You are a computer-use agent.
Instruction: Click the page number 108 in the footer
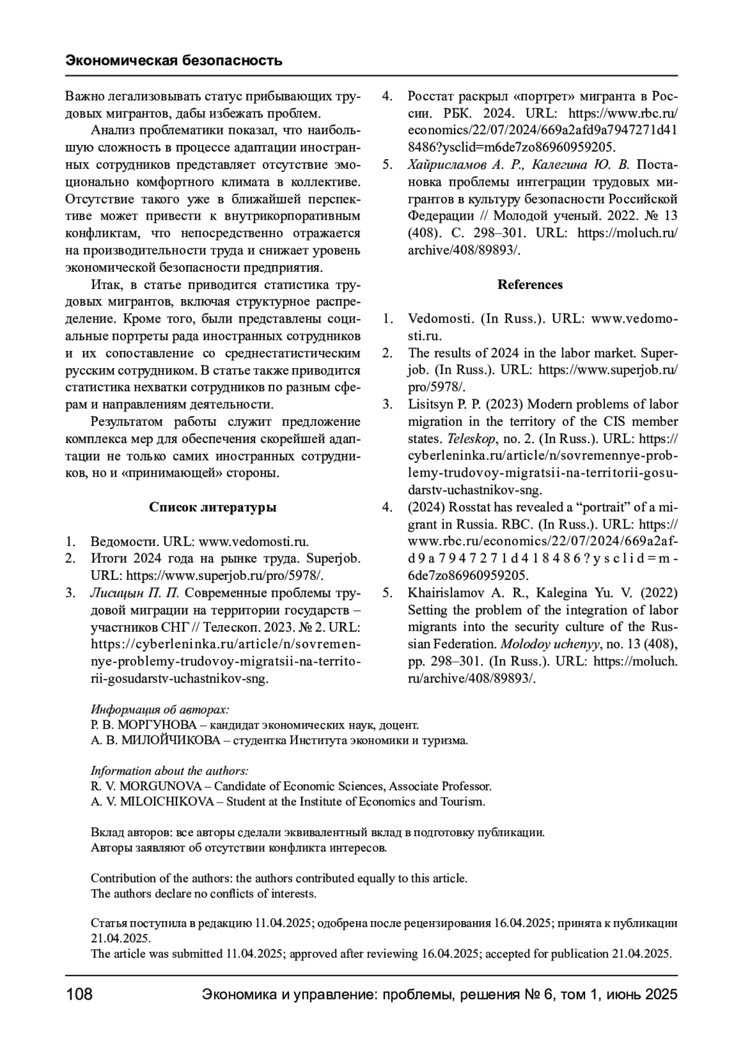pos(79,995)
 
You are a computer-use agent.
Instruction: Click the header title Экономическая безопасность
pos(174,60)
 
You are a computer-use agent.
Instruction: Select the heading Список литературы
pos(212,508)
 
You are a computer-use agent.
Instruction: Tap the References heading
pos(530,285)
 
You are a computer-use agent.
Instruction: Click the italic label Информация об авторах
pos(160,709)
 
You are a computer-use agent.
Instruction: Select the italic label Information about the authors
pos(170,771)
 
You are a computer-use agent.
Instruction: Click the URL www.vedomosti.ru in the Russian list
pos(253,542)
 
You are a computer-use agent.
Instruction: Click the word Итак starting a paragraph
pos(102,285)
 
